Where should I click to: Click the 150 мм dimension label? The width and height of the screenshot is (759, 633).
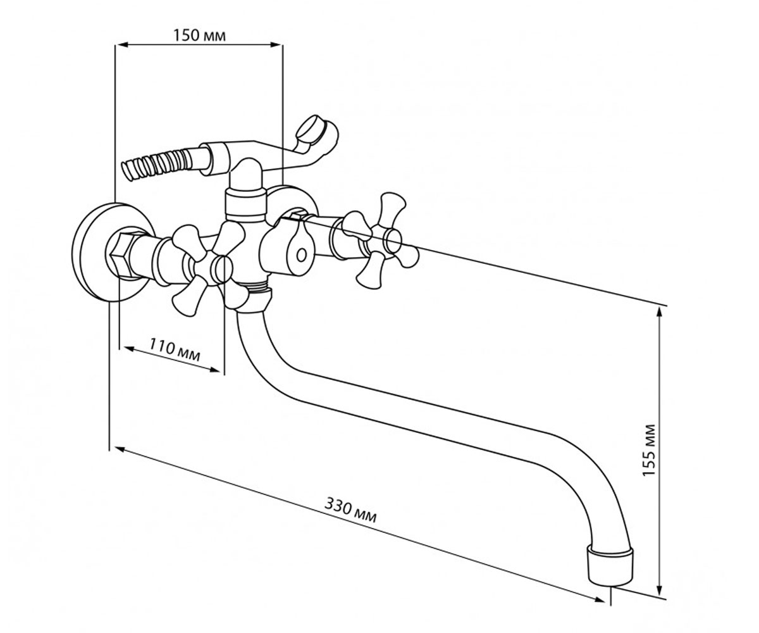pos(199,35)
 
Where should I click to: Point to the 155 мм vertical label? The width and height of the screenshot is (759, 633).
pos(648,449)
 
